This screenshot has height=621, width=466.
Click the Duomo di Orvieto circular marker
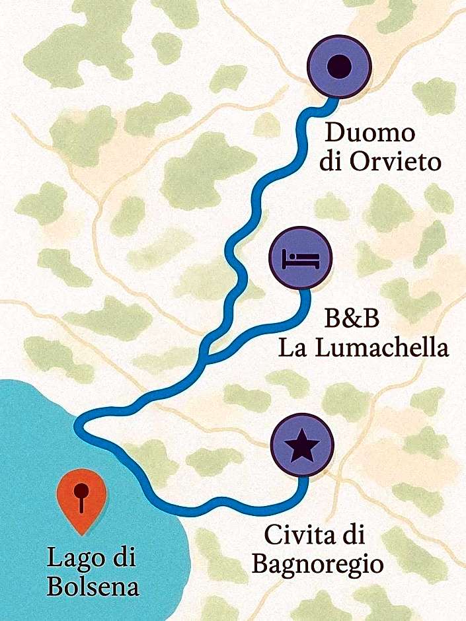pyautogui.click(x=340, y=66)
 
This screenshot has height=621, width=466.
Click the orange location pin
pyautogui.click(x=81, y=500)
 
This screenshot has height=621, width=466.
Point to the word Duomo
pyautogui.click(x=370, y=134)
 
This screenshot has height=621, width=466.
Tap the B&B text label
pyautogui.click(x=352, y=319)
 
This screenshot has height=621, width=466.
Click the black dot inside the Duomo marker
pyautogui.click(x=340, y=66)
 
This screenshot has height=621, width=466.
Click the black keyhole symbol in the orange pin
pyautogui.click(x=81, y=495)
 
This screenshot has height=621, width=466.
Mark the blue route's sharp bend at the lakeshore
pyautogui.click(x=80, y=425)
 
